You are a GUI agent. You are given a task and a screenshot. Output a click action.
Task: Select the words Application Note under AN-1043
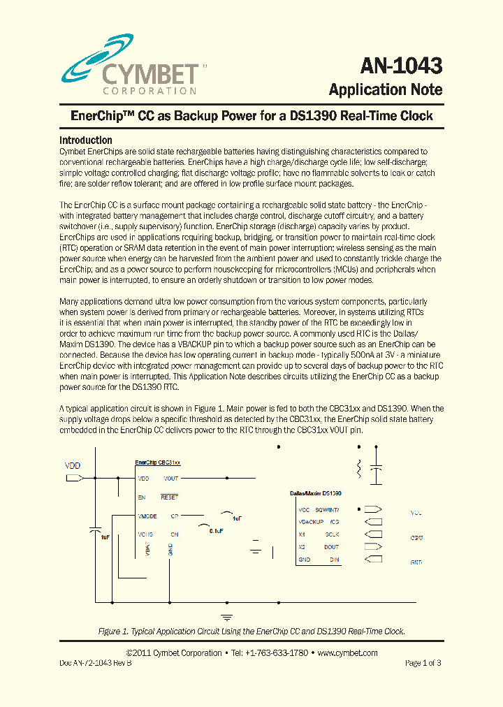click(x=385, y=89)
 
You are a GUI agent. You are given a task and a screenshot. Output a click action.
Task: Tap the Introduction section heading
click(x=86, y=140)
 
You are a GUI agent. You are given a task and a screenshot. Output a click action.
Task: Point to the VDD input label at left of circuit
click(x=73, y=465)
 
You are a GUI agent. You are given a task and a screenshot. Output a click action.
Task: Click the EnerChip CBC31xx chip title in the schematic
click(x=158, y=462)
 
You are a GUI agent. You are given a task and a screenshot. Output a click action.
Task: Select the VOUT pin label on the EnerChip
click(x=170, y=479)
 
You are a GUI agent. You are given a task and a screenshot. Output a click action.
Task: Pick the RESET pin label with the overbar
click(x=170, y=497)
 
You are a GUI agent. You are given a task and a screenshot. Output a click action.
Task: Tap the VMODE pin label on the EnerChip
click(x=147, y=516)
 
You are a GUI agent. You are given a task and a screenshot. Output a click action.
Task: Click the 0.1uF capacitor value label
click(x=216, y=531)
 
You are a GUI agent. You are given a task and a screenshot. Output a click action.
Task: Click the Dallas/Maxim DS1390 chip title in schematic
click(x=316, y=493)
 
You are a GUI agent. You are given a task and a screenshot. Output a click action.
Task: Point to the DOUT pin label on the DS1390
click(x=332, y=547)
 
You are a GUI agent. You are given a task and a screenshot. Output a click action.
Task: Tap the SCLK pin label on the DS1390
click(x=332, y=534)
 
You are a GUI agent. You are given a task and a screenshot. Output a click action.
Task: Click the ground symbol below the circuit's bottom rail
click(x=226, y=617)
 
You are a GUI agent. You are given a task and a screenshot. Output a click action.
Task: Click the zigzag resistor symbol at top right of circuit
click(x=359, y=468)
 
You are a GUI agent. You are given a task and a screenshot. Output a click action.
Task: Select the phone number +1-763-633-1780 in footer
click(x=268, y=653)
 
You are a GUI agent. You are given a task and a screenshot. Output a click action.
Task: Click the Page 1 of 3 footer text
click(x=423, y=663)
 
